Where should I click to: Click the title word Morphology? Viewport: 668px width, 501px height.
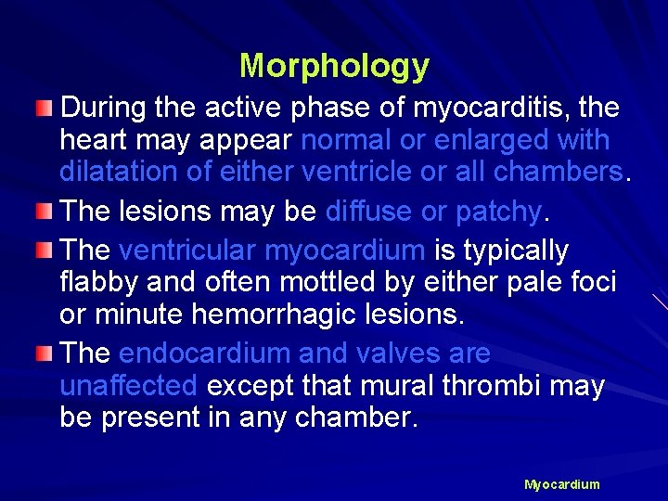[334, 66]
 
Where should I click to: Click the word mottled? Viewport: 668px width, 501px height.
[309, 282]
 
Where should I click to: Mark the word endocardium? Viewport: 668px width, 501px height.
[205, 354]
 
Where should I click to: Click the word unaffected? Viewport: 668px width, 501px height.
[128, 386]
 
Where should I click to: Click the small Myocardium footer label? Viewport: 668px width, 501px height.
[561, 484]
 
